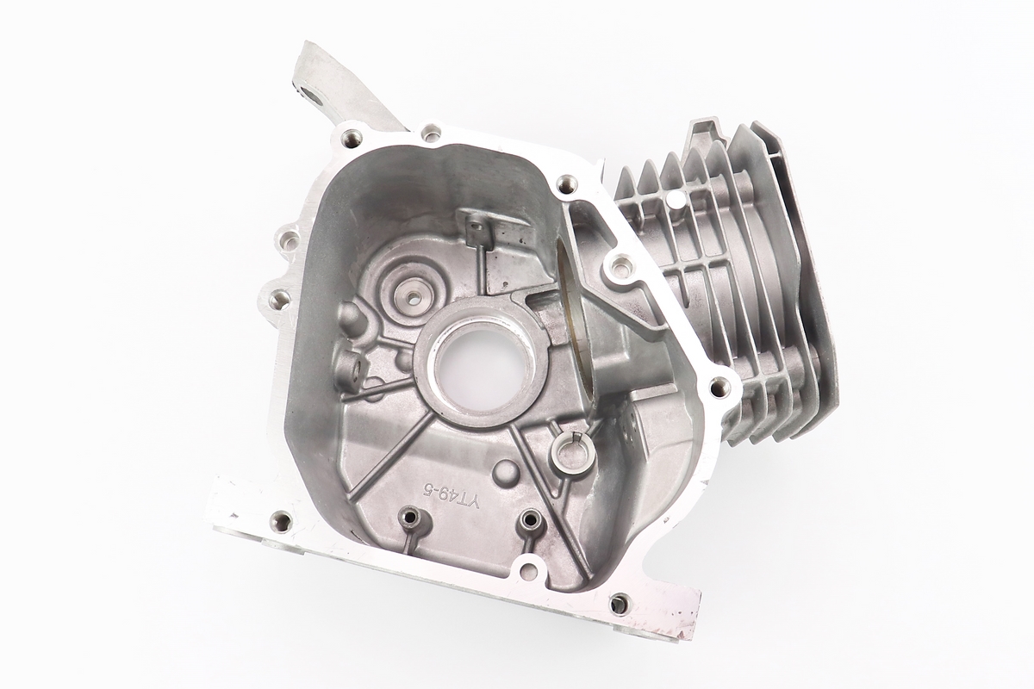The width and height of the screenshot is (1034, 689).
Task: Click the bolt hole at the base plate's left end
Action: point(282,519)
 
